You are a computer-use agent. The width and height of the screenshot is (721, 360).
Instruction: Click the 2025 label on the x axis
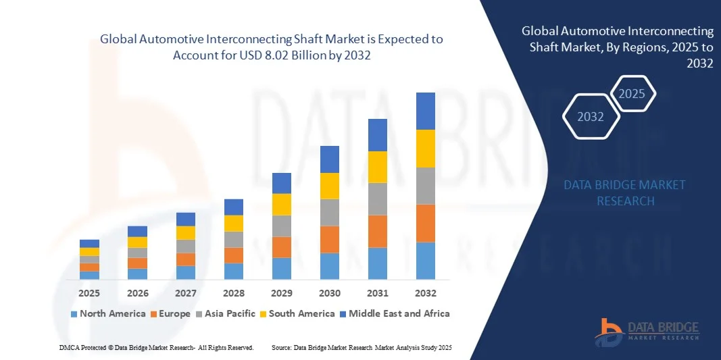(x=89, y=293)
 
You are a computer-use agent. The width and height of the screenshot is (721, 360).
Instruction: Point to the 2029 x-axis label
(x=282, y=293)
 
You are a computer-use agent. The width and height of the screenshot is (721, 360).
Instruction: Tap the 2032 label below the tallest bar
(x=426, y=293)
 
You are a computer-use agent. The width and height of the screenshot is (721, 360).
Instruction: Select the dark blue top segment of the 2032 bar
(x=426, y=111)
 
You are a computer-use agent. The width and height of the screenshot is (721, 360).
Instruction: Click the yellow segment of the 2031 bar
(x=378, y=167)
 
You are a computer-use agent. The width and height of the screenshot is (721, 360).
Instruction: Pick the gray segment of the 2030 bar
(x=330, y=212)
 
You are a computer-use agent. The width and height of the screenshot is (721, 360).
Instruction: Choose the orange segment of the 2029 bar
(x=282, y=247)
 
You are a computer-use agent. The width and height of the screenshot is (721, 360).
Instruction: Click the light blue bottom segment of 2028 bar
(x=234, y=271)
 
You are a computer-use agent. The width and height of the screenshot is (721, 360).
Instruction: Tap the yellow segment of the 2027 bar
(x=186, y=232)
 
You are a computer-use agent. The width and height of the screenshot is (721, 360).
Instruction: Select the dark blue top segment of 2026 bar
(x=137, y=231)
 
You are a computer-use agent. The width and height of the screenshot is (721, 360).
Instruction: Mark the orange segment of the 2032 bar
(x=426, y=223)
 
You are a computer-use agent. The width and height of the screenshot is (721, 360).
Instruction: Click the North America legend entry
(x=108, y=313)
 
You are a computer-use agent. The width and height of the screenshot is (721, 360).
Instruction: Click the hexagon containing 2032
(x=591, y=117)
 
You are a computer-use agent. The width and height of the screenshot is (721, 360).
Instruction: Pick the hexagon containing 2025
(x=632, y=94)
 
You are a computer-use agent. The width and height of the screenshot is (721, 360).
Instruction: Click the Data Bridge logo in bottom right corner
(x=647, y=329)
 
